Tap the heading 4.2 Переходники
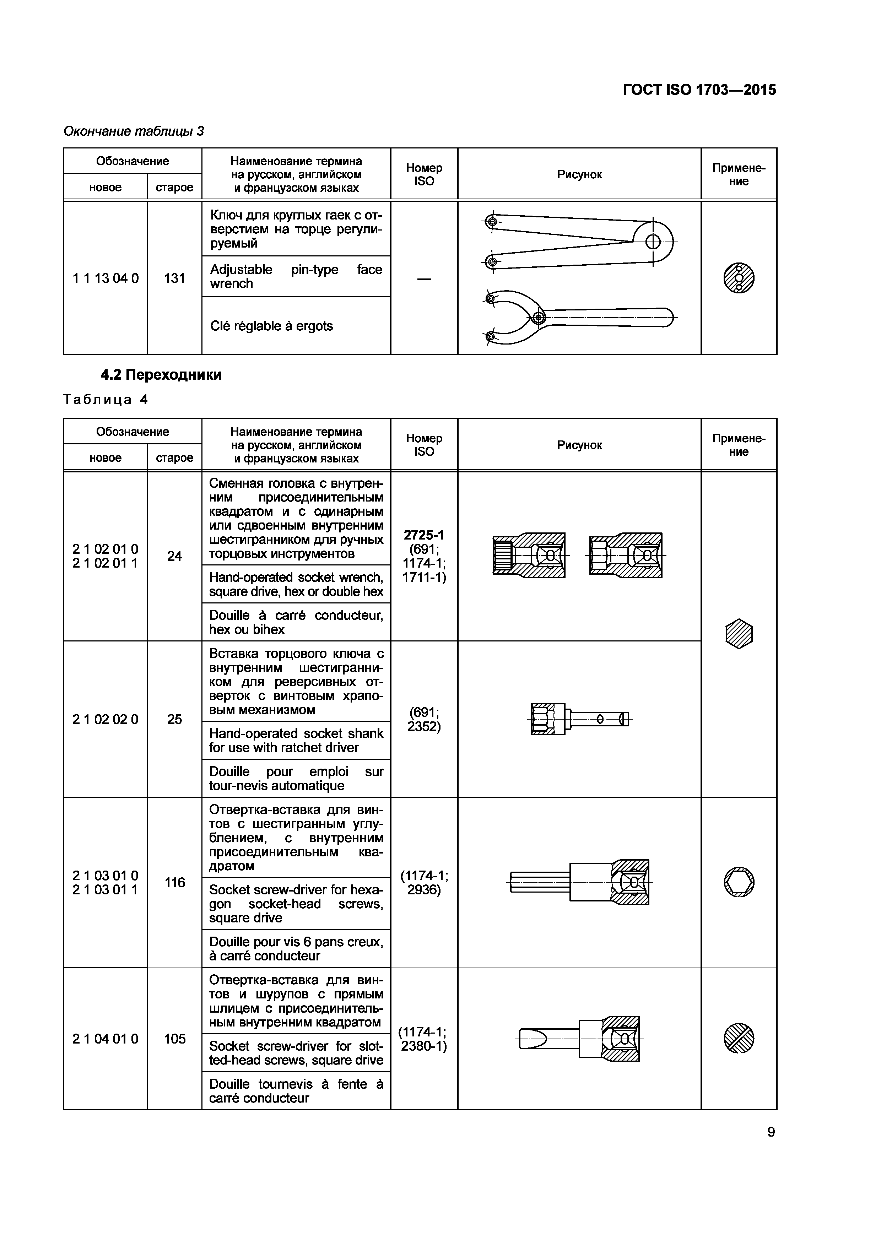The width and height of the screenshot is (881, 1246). click(x=161, y=375)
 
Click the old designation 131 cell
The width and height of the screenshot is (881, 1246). click(x=174, y=278)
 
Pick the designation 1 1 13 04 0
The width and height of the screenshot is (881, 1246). click(x=105, y=278)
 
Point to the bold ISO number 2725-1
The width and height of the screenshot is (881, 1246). click(x=424, y=535)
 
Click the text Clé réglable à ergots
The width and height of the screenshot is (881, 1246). click(x=271, y=326)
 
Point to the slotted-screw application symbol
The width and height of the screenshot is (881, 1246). click(x=739, y=1039)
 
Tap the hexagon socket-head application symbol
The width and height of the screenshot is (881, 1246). click(x=739, y=882)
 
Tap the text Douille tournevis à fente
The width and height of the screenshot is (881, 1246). click(x=296, y=1085)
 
